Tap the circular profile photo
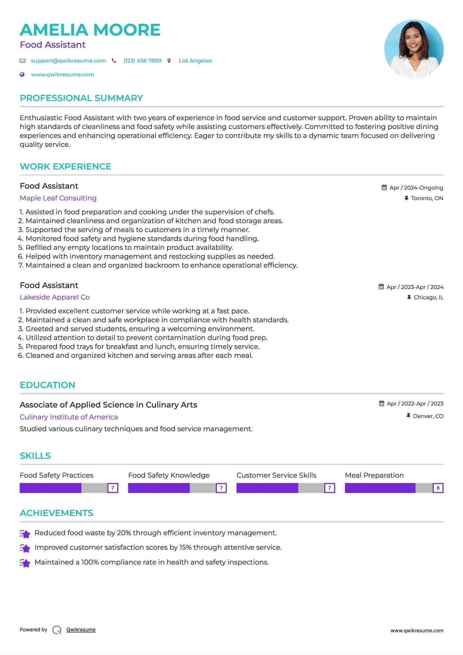(x=414, y=49)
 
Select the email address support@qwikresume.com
(x=68, y=61)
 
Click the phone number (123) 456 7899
(x=142, y=61)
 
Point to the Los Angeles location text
(x=195, y=61)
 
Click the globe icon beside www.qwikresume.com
(x=22, y=74)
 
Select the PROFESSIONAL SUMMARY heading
(x=81, y=98)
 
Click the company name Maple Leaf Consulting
(x=58, y=198)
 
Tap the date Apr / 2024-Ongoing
(x=416, y=188)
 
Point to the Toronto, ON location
(x=427, y=198)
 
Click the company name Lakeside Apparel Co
(x=55, y=297)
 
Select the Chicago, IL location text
(x=428, y=297)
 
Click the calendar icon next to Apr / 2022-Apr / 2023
(x=381, y=403)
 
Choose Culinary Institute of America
(x=68, y=417)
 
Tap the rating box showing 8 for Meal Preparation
(x=438, y=488)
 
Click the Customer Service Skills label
(x=276, y=475)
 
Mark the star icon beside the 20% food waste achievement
(x=25, y=534)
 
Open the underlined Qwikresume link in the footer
(x=81, y=629)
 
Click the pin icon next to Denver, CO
(x=408, y=416)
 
